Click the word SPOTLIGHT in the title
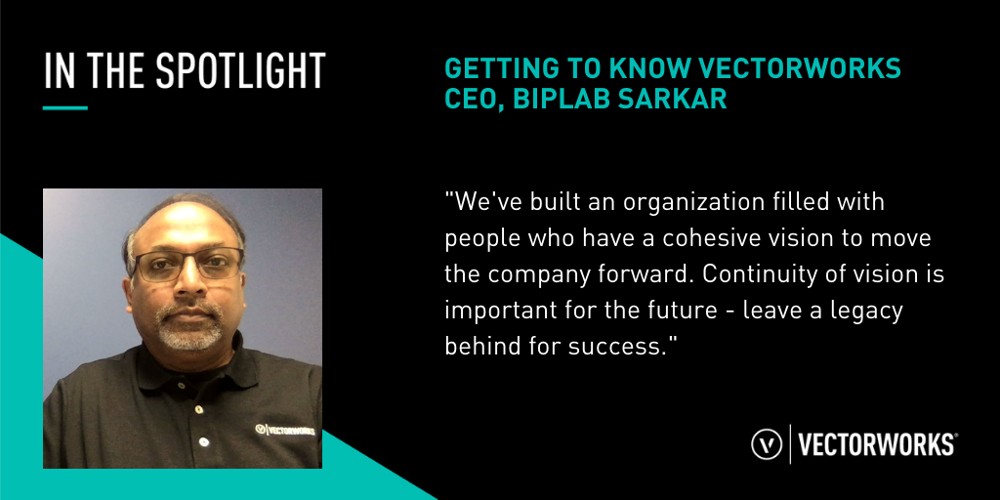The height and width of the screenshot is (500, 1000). click(241, 70)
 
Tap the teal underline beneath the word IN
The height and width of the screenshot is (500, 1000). click(65, 107)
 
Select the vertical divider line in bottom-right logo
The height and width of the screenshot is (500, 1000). click(791, 444)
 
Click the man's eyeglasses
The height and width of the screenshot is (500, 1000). click(187, 264)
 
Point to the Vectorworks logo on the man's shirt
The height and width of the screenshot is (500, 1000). click(284, 430)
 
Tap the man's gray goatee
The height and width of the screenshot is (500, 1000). click(189, 328)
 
